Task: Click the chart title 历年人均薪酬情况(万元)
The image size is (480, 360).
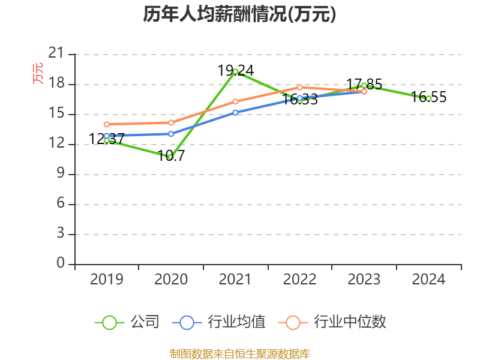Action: (239, 14)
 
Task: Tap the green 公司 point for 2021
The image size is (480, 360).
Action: (235, 71)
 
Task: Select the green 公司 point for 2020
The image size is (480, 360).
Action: (171, 157)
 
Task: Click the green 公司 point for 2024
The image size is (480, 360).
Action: (428, 98)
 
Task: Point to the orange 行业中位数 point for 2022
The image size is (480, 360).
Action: (299, 87)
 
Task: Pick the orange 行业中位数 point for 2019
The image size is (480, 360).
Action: (107, 124)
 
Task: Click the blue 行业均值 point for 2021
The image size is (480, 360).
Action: (235, 112)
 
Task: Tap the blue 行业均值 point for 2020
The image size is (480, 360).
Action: (171, 134)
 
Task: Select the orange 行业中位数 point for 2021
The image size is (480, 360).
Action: (235, 101)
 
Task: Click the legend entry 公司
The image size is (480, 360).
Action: (128, 322)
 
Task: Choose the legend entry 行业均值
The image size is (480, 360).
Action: (218, 322)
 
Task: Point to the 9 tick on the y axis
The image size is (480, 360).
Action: (60, 174)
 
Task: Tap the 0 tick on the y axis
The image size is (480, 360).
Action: (60, 264)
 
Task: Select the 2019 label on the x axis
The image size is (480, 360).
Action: (107, 280)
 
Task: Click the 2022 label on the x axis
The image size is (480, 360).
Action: (299, 280)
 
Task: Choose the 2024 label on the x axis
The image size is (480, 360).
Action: (428, 280)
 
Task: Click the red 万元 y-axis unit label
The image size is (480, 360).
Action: (38, 73)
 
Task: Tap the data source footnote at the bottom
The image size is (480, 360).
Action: (239, 353)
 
